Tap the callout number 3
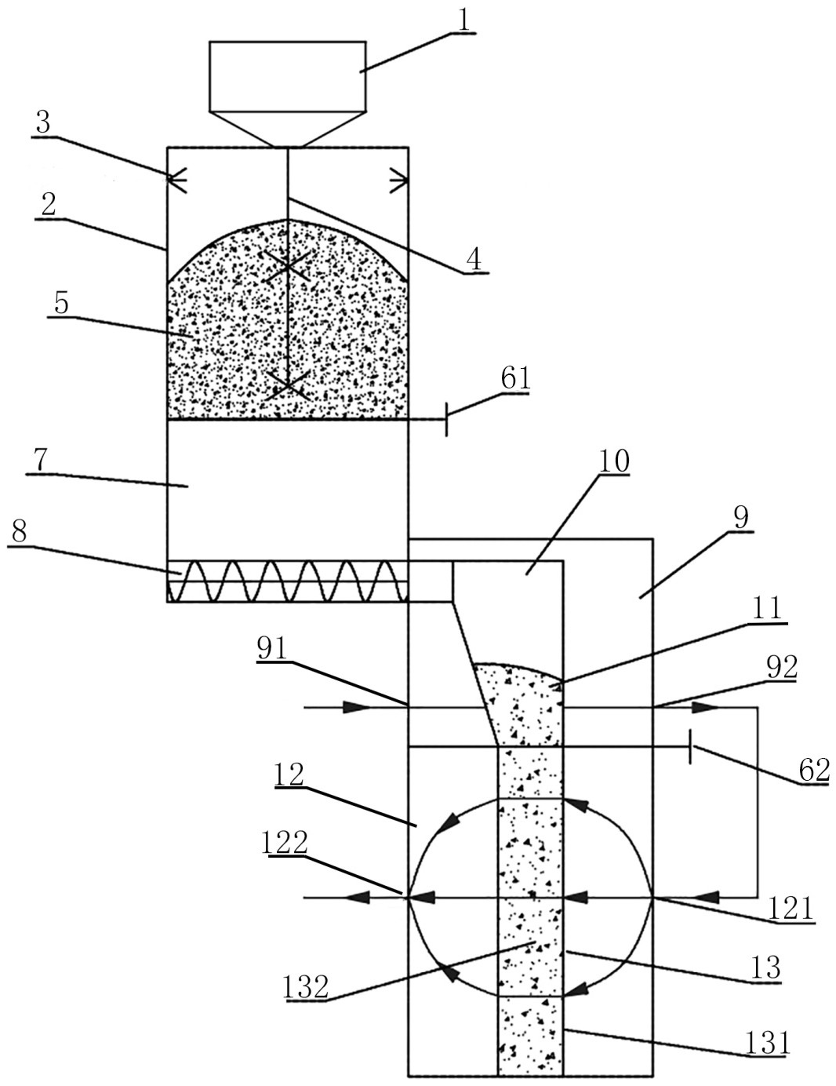point(43,122)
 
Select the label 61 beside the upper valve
point(516,379)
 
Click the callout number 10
point(614,461)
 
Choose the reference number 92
point(782,667)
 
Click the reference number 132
point(306,986)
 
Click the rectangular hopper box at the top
point(287,76)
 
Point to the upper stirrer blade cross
point(289,266)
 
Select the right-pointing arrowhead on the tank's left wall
point(178,181)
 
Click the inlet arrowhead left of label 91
point(357,707)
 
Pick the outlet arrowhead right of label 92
point(704,707)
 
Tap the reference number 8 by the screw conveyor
point(20,530)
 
